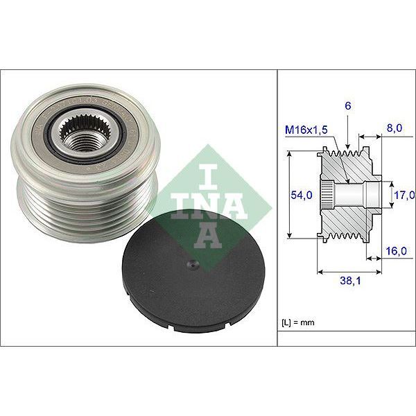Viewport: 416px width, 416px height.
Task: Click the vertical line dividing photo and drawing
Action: (277, 208)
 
